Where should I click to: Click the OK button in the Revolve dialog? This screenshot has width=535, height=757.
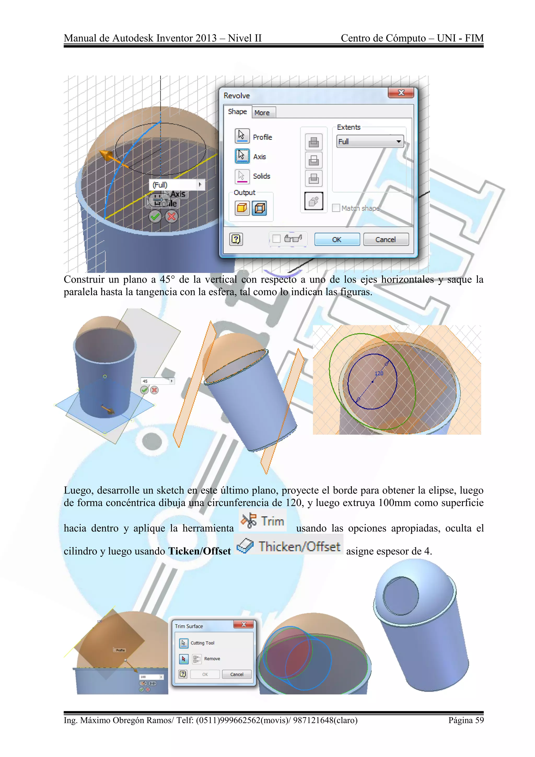point(337,239)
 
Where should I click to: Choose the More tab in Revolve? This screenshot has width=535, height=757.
point(262,113)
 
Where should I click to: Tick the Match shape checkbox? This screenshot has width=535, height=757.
point(336,208)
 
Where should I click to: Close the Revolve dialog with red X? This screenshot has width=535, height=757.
point(401,93)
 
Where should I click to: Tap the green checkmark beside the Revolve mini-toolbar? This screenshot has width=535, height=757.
point(155,217)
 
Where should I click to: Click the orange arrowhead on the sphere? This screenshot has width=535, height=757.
point(105,155)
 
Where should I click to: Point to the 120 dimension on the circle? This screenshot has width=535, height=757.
point(379,374)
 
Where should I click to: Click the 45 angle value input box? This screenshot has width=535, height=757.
point(155,381)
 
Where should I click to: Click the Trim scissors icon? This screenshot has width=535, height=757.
point(249,521)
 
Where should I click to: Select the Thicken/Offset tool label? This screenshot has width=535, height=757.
point(299,547)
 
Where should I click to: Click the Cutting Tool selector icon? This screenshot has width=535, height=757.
point(183,643)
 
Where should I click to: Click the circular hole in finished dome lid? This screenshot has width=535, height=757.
point(400,596)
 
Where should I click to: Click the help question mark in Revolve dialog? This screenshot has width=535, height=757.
point(236,239)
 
